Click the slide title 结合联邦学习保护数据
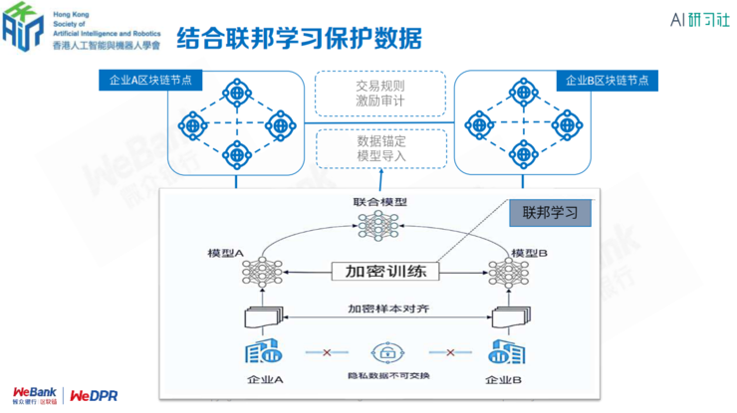coord(299,38)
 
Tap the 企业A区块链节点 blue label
coord(150,81)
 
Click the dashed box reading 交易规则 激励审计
coord(379,94)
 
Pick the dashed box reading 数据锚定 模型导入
coord(379,148)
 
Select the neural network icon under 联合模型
coord(379,226)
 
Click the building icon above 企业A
coord(263,351)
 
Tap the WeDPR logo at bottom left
coord(95,395)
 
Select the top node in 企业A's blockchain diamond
coord(237,96)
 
